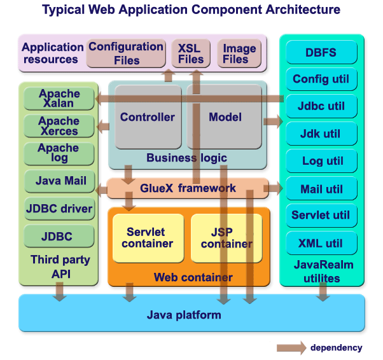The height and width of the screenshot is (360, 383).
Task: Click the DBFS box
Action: [321, 53]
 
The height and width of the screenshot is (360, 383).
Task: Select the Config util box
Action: [321, 80]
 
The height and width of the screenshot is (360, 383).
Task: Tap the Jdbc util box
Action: [321, 107]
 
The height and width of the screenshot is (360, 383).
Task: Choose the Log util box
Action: [321, 162]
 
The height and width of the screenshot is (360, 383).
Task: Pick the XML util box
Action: [321, 244]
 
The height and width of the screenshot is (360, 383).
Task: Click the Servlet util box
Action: [321, 216]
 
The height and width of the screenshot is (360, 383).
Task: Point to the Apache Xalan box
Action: [59, 99]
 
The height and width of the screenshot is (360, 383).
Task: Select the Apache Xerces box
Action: [59, 126]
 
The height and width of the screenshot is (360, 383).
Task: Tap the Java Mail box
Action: [59, 181]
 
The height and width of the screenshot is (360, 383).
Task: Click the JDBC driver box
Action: [59, 209]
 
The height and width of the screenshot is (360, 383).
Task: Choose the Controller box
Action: [147, 118]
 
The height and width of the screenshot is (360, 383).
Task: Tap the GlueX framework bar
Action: [188, 188]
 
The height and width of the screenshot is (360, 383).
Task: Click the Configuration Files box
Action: [125, 53]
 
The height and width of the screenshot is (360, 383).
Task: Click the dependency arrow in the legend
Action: [291, 348]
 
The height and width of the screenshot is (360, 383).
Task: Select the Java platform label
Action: [184, 315]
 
